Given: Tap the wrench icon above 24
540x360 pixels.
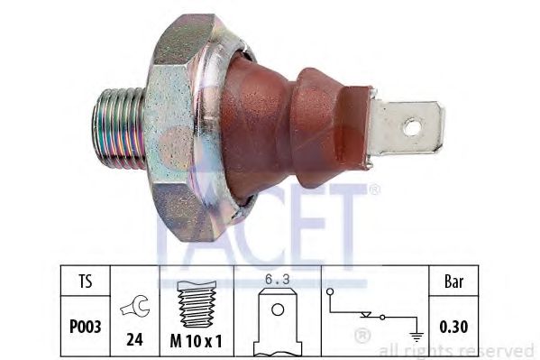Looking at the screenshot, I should click(x=133, y=308).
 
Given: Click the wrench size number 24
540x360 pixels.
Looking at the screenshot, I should click(x=133, y=341).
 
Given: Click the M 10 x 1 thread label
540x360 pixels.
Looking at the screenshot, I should click(x=197, y=341).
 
